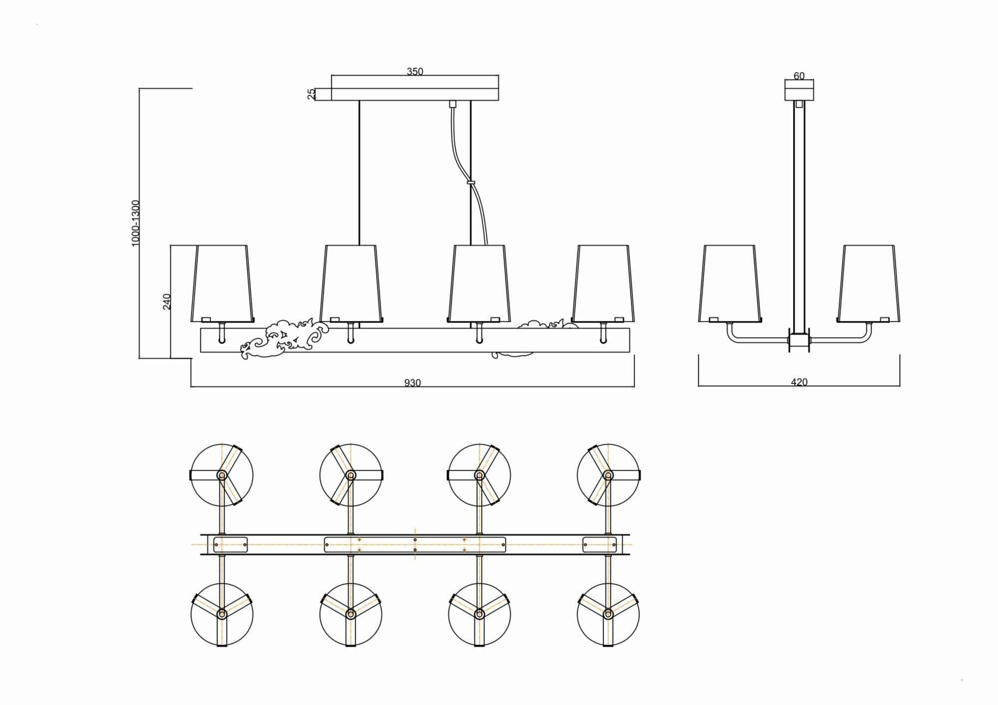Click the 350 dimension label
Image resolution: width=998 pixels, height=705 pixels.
[415, 72]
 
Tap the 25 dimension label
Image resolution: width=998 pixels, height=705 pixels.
[311, 94]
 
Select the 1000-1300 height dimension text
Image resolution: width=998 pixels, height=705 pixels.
[135, 223]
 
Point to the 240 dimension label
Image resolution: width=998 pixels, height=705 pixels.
[167, 301]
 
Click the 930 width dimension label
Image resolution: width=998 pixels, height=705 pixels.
[413, 383]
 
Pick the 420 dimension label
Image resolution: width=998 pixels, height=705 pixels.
[799, 383]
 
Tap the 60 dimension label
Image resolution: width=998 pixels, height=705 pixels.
[799, 76]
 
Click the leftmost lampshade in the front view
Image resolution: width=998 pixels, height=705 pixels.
[222, 283]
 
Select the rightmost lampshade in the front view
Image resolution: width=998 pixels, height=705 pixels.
[604, 283]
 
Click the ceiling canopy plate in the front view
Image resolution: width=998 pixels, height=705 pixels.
[415, 94]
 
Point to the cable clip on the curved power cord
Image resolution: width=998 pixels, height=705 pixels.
[470, 183]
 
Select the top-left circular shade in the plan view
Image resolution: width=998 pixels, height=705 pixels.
[222, 475]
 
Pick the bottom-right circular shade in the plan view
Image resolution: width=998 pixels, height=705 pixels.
[608, 614]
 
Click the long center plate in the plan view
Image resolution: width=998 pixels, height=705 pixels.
[415, 544]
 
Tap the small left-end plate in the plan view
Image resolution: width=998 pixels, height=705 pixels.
[231, 544]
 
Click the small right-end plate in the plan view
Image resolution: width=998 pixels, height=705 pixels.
[599, 544]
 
